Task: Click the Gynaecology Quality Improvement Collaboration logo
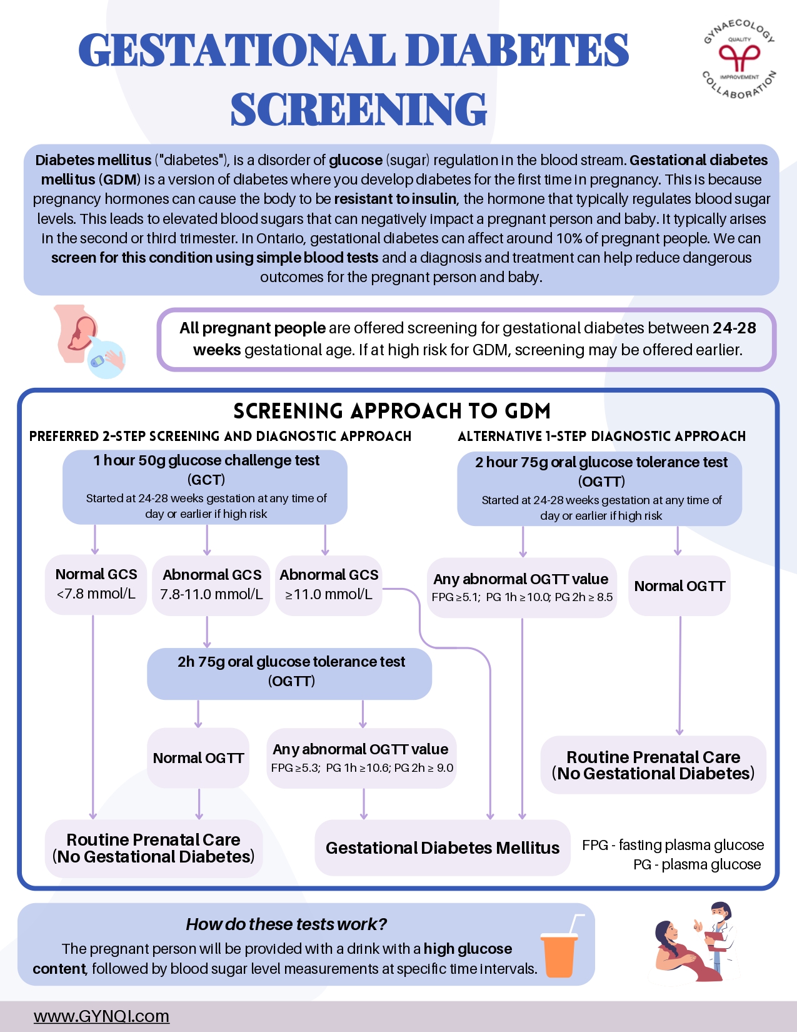739,58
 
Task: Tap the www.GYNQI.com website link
101,1016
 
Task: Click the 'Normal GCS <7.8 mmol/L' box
96,584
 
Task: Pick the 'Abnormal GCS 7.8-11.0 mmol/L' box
211,585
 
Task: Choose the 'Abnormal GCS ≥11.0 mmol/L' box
329,585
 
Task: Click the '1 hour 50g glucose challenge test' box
205,487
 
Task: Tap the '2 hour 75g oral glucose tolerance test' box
600,488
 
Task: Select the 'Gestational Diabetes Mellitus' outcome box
443,847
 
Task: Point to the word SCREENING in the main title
358,109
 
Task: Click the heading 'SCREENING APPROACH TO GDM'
392,411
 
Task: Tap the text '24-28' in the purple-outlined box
734,328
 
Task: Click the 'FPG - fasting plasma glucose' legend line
673,845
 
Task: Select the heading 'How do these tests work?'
286,924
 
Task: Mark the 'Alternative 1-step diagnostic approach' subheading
601,436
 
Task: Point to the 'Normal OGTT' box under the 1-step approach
679,586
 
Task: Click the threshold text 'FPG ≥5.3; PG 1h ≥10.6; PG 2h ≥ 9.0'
362,768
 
